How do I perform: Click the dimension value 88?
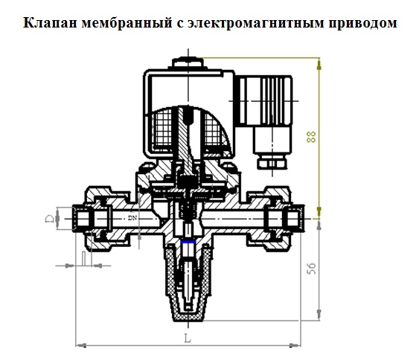coord(311,136)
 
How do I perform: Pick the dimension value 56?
coord(311,269)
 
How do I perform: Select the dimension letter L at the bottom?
coord(188,338)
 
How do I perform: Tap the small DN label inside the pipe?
coord(132,218)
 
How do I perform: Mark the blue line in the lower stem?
coord(188,242)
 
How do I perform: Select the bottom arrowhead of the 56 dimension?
coord(319,315)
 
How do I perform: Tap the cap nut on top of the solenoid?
coord(188,62)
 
